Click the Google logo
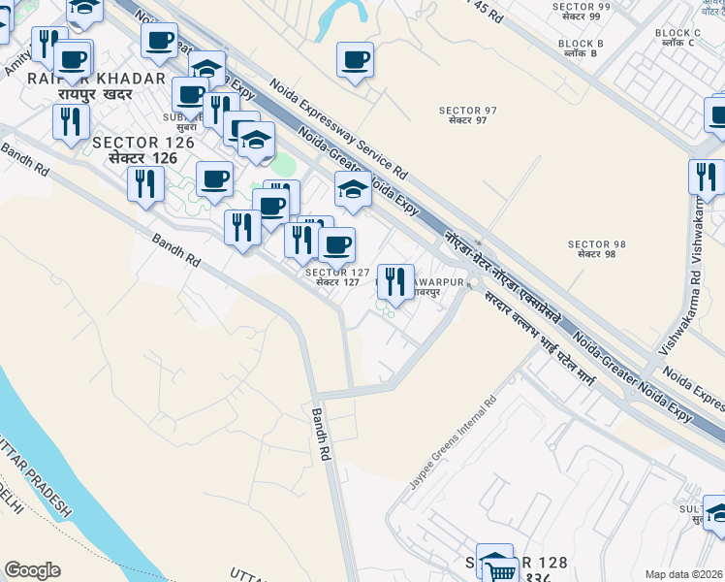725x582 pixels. coord(32,570)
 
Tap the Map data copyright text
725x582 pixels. coord(684,574)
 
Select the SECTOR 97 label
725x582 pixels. coord(467,114)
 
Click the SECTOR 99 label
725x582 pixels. coord(581,12)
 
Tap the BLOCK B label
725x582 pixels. coord(582,48)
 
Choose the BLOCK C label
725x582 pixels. coord(678,38)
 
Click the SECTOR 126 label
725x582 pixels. coord(143,149)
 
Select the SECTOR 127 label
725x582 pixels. coord(338,277)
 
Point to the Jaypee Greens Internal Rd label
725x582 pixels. coord(453,441)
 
